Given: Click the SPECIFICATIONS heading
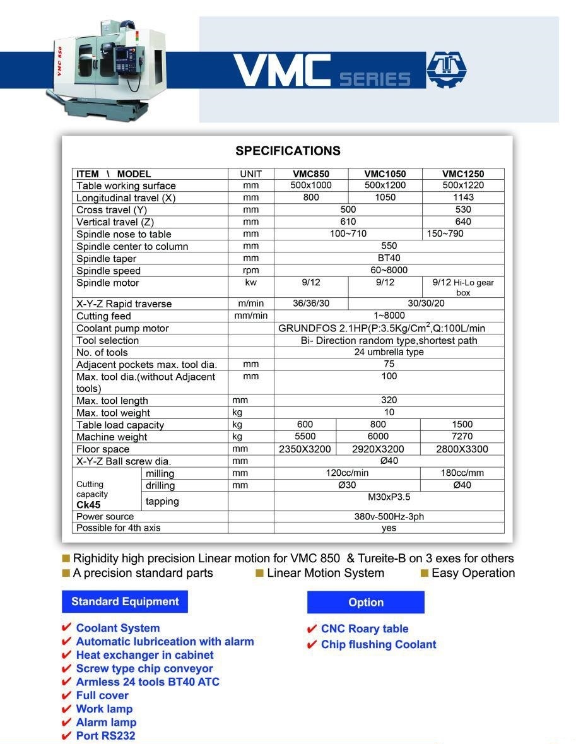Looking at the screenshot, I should [x=288, y=151].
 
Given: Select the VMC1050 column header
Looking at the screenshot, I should [x=385, y=174].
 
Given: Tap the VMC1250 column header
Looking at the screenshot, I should [x=463, y=174].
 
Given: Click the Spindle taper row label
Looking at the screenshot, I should [x=107, y=259].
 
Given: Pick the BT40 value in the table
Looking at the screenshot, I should [x=389, y=258].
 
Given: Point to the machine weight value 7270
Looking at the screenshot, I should [x=462, y=437].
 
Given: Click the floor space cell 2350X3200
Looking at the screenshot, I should [x=305, y=449].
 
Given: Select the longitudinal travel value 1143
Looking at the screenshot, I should [x=463, y=198].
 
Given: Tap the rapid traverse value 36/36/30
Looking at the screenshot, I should [x=311, y=304].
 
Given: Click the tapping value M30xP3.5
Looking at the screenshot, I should [x=389, y=497].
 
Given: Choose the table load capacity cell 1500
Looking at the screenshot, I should [x=462, y=425].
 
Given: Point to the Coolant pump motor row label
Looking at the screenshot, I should [x=122, y=328].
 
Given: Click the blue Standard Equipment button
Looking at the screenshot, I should [x=125, y=601].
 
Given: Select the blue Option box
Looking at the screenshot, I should [x=366, y=603].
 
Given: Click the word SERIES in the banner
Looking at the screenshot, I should [x=375, y=79].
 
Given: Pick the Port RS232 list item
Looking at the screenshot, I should [x=105, y=736].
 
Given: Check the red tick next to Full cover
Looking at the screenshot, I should [x=66, y=695].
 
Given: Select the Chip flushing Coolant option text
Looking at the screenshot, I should [x=379, y=644].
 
